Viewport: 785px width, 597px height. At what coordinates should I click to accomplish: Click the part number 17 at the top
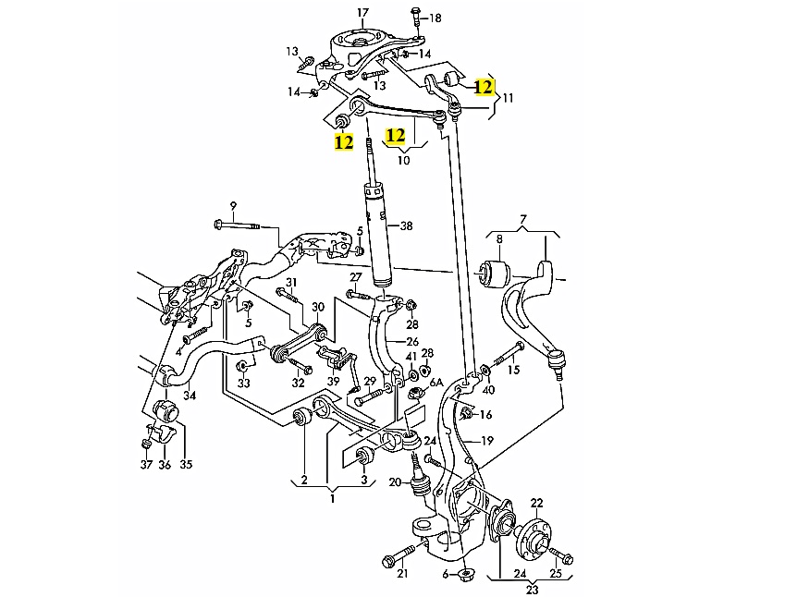click(x=362, y=12)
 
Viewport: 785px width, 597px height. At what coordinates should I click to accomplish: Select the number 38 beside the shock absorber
click(x=406, y=226)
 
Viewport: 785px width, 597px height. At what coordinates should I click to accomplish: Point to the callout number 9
click(x=233, y=204)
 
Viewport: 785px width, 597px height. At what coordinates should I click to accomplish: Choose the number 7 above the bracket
click(x=522, y=219)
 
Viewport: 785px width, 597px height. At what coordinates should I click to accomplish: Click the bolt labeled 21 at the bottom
click(x=393, y=560)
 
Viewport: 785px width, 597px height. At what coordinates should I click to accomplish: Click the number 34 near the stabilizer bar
click(x=190, y=396)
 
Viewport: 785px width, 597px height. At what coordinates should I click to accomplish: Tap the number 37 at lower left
click(x=145, y=464)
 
